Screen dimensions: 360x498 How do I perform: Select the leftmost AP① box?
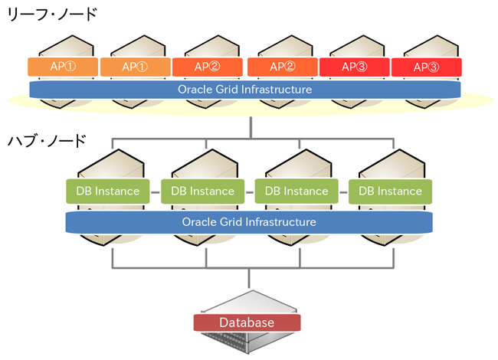point(63,67)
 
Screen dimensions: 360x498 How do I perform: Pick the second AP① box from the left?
point(135,67)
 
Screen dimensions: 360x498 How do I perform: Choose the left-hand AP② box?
point(207,67)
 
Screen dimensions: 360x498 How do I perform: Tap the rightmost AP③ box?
point(426,67)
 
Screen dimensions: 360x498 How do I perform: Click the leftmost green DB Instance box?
point(108,191)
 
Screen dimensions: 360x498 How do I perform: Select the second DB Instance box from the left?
point(203,191)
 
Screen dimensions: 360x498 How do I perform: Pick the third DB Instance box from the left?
point(296,191)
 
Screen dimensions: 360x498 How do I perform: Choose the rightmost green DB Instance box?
point(390,191)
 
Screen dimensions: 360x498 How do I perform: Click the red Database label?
point(247,322)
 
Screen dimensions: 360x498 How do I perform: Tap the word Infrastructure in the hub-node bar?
point(280,221)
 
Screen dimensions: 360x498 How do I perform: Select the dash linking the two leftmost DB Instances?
point(156,191)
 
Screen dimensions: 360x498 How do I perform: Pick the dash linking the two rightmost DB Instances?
point(343,191)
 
